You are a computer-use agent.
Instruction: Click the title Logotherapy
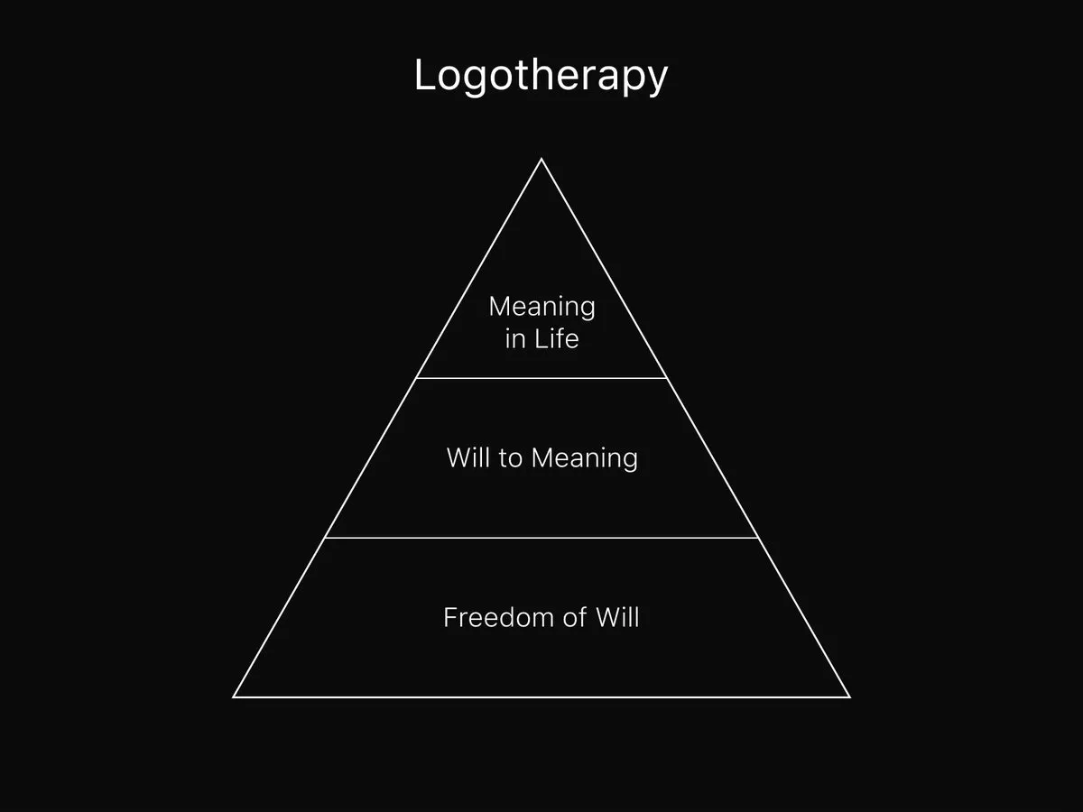click(x=541, y=76)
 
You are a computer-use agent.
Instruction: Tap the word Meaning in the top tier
click(x=541, y=307)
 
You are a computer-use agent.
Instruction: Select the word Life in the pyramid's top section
click(x=556, y=340)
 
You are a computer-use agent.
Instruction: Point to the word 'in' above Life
click(x=514, y=340)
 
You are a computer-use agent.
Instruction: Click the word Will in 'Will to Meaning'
click(x=467, y=457)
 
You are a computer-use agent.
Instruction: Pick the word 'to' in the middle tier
click(x=510, y=458)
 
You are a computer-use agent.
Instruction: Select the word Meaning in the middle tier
click(x=584, y=458)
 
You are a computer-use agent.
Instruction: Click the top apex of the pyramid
click(x=541, y=160)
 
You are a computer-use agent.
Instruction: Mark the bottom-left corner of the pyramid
click(x=234, y=697)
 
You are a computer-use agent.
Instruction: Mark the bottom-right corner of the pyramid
click(x=849, y=697)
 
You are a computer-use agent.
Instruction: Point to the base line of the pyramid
click(x=541, y=697)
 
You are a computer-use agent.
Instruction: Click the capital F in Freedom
click(x=450, y=618)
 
